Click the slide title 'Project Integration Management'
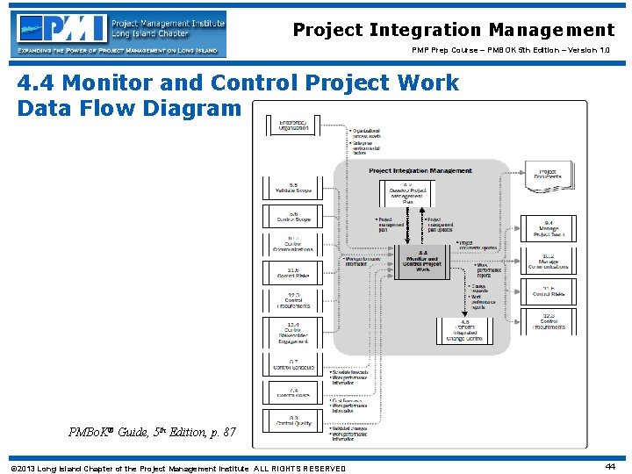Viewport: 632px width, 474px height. point(453,30)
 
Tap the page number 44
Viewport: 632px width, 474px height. point(611,467)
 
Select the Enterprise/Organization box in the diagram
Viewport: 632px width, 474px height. point(294,125)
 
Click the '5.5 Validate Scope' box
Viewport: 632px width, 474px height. point(294,188)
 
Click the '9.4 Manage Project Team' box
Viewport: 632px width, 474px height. point(549,228)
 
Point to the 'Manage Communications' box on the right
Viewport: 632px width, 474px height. point(549,260)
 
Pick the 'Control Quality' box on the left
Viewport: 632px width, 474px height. point(294,420)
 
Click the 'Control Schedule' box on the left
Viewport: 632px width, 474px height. point(294,363)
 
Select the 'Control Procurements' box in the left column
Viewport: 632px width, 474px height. point(294,301)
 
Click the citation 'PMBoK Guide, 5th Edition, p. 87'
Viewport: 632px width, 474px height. point(153,431)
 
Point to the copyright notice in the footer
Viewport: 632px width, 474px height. point(177,468)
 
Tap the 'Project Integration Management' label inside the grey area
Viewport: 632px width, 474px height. point(420,171)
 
